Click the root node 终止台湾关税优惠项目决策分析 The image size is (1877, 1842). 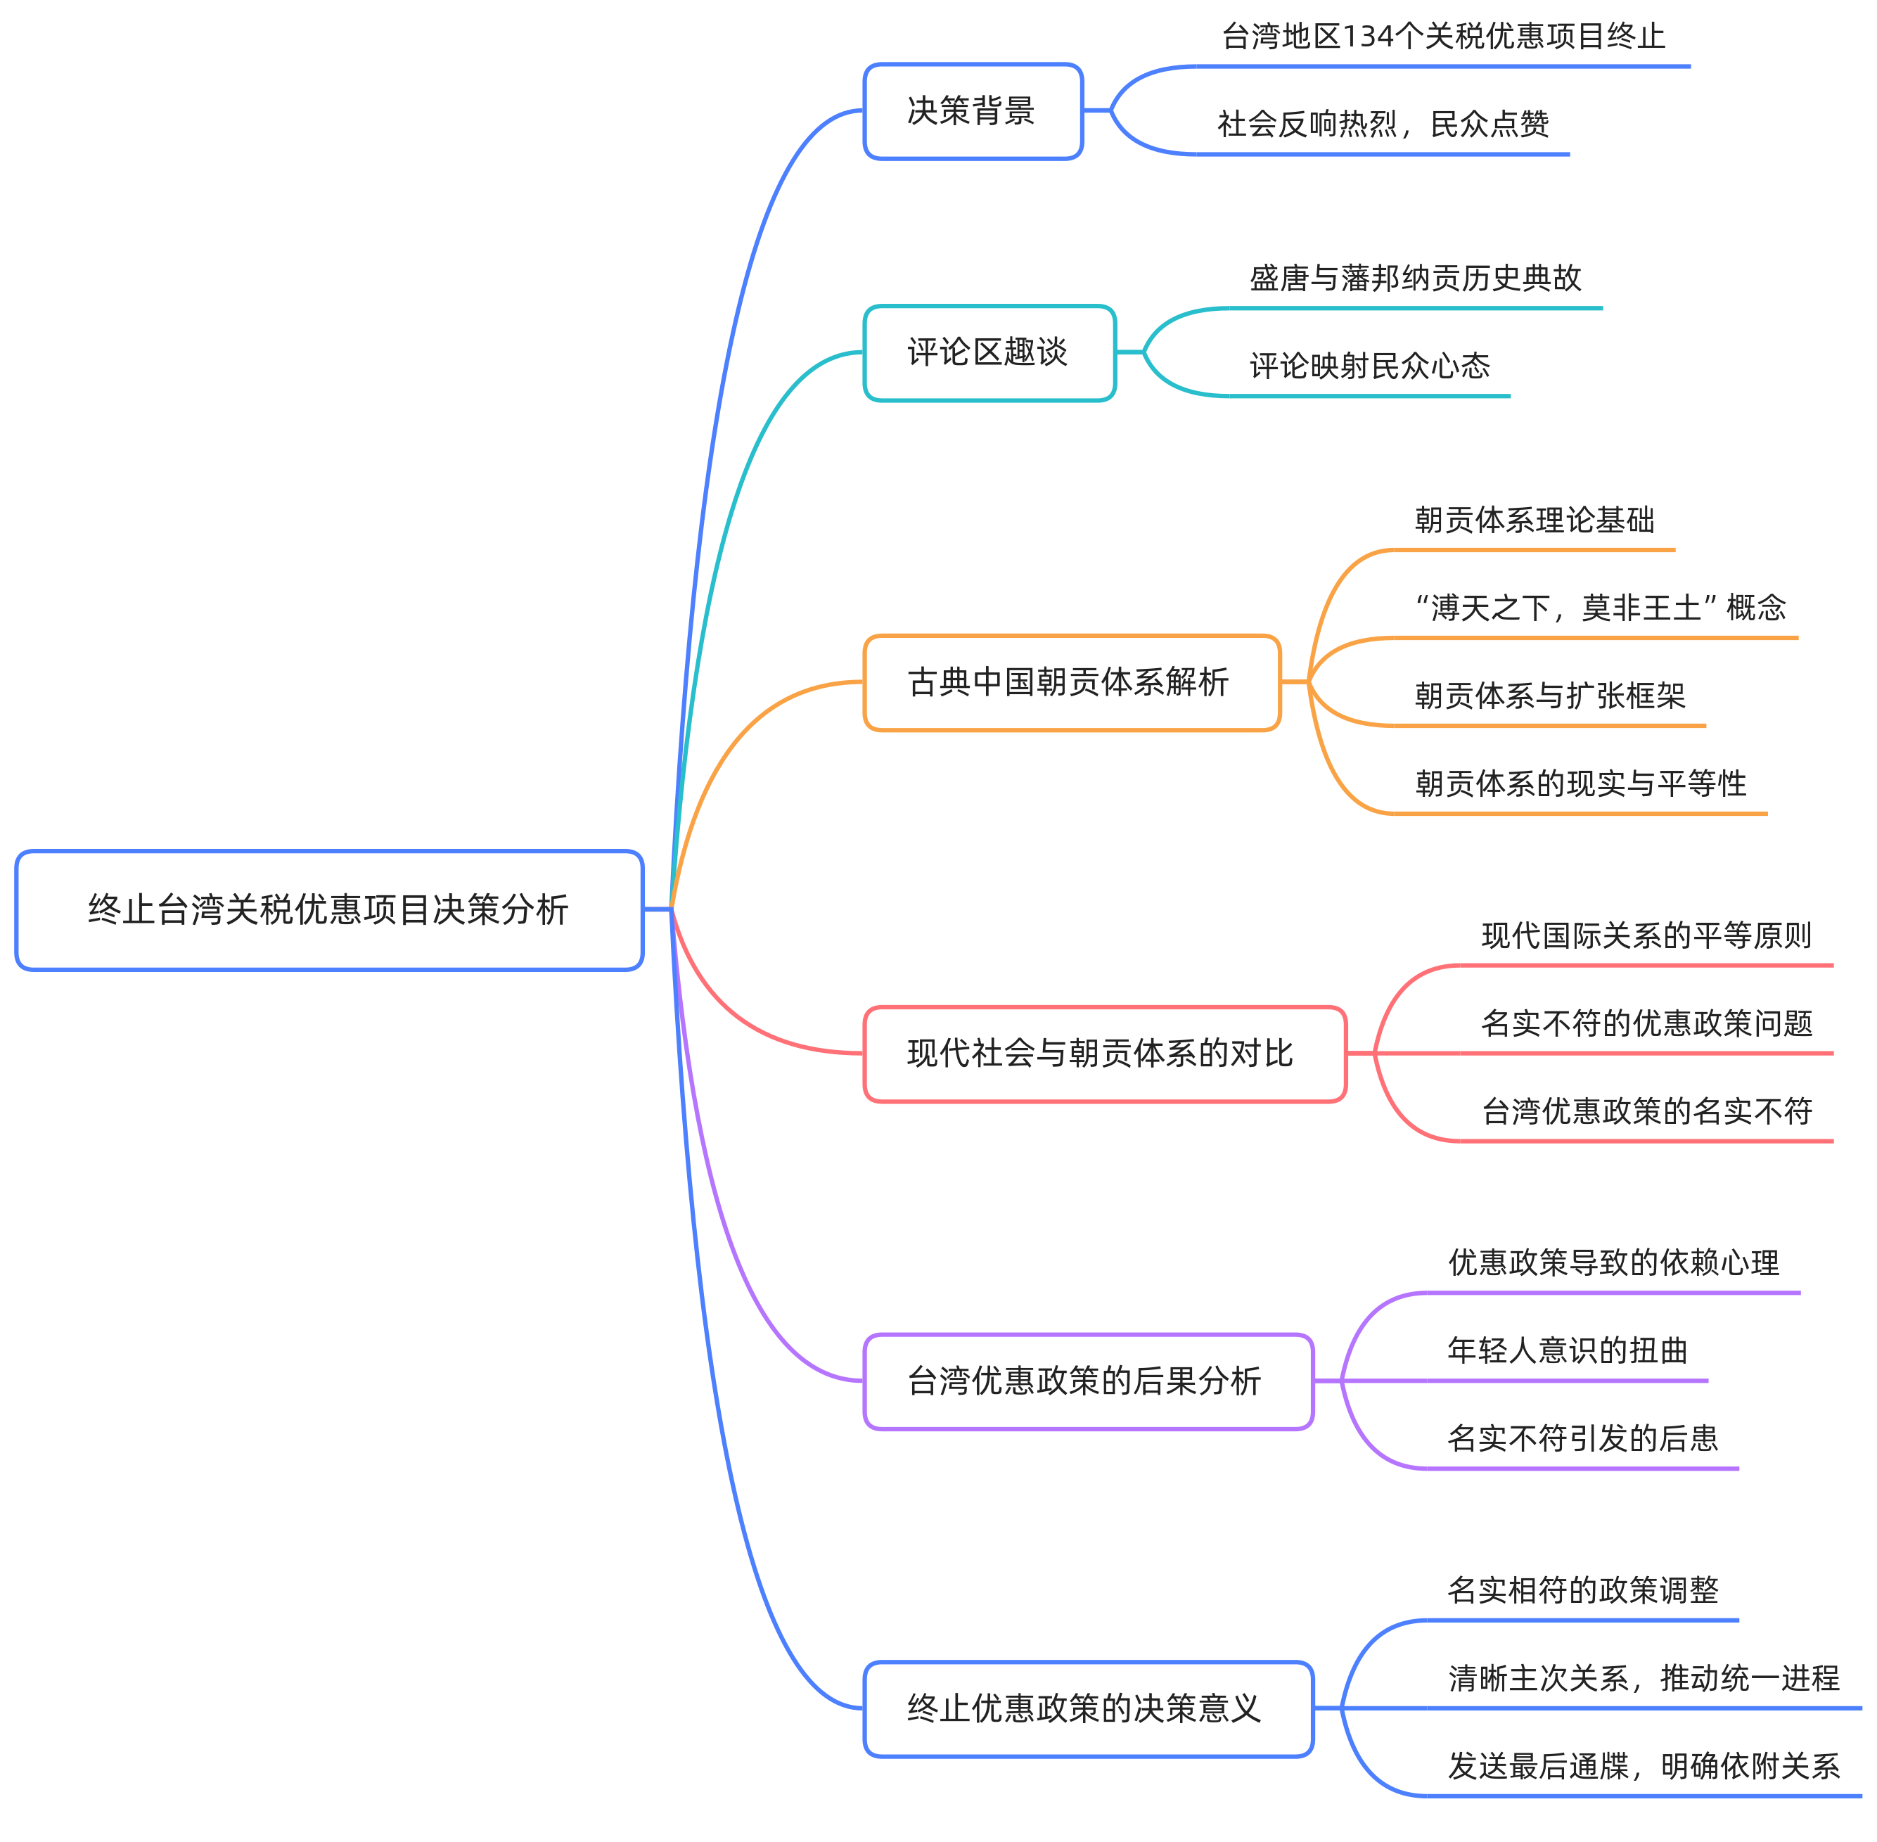coord(329,909)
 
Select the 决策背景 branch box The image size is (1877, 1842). coord(973,111)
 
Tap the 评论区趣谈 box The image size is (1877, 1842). coord(989,352)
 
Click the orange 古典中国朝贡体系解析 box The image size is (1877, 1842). coord(1071,682)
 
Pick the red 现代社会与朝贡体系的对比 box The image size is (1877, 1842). coord(1104,1054)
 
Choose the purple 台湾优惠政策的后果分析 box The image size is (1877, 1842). coord(1087,1381)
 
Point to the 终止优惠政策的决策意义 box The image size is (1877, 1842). coord(1087,1708)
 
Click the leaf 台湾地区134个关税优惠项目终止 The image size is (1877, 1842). coord(1442,37)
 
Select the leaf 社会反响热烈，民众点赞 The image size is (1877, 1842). coord(1383,124)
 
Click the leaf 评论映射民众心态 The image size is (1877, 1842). coord(1369,366)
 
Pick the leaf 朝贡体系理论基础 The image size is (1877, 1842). coord(1534,520)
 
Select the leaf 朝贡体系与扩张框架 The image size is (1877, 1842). coord(1549,695)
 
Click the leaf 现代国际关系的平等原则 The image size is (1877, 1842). coord(1646,935)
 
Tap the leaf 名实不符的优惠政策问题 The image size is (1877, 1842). coord(1646,1023)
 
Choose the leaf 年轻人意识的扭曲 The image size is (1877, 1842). coord(1568,1350)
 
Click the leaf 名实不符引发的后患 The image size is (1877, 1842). coord(1583,1438)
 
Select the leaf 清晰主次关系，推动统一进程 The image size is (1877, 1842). coord(1644,1679)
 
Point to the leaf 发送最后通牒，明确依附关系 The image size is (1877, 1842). coord(1644,1767)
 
